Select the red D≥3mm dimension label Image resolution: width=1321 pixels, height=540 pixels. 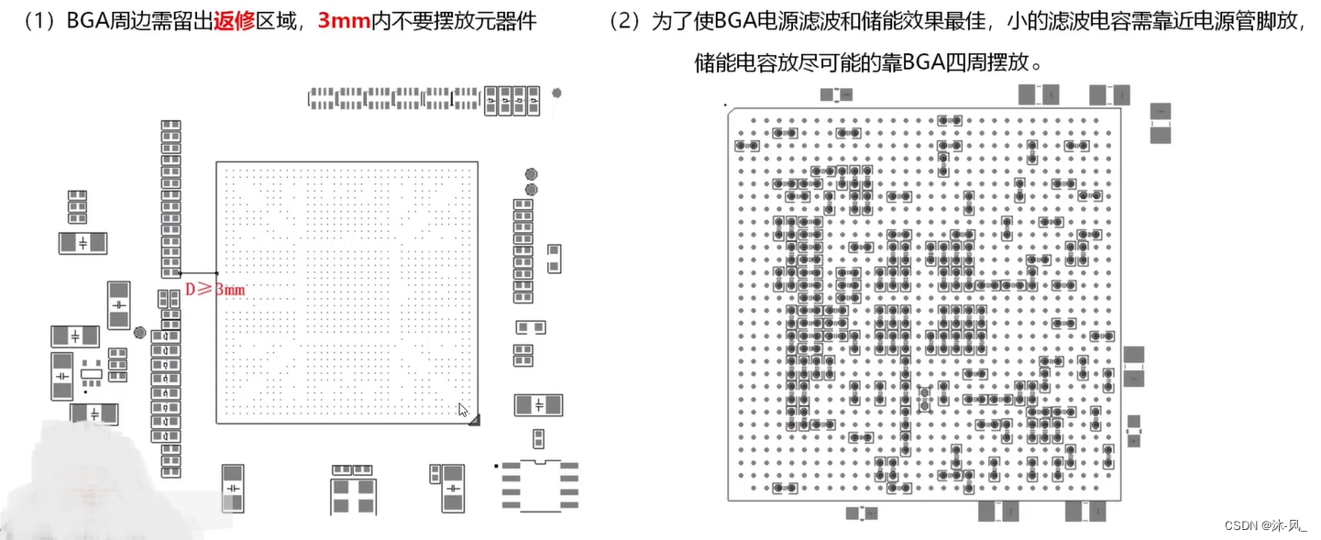click(215, 290)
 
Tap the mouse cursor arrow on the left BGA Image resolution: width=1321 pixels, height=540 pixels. click(463, 410)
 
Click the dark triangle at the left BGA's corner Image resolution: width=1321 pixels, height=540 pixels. click(473, 418)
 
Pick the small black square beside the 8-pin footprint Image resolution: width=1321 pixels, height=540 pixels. click(497, 466)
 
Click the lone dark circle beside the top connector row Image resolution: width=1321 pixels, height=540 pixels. click(556, 93)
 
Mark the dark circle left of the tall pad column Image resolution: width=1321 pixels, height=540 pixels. click(139, 333)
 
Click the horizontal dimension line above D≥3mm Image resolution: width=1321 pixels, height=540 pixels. click(198, 273)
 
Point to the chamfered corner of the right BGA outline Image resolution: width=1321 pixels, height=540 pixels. click(731, 113)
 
